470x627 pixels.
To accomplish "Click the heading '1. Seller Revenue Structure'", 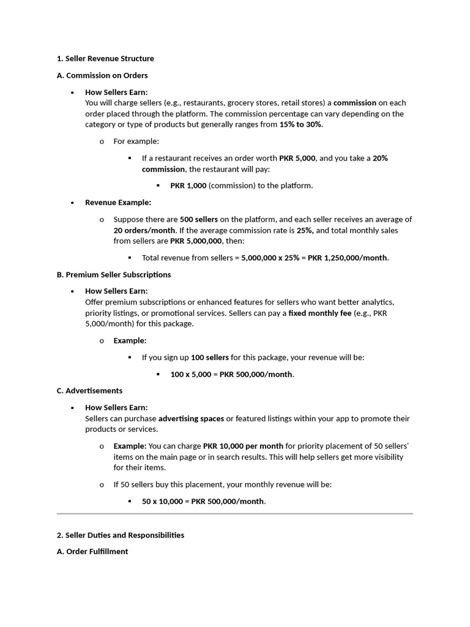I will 105,59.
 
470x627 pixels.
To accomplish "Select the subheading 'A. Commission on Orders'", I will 102,75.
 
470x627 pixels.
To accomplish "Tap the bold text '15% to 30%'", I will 300,124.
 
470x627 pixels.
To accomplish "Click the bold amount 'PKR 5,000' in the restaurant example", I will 297,158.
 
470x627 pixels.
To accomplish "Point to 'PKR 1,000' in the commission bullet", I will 188,186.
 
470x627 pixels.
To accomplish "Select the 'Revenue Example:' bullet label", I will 117,202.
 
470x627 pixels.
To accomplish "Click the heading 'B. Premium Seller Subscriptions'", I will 114,274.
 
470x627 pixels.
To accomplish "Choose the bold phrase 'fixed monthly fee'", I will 319,313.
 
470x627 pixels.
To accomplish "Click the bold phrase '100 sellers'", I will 210,357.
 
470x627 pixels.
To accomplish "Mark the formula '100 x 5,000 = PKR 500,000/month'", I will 232,374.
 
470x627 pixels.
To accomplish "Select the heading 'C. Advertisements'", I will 89,391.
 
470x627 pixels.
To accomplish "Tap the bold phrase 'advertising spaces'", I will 191,419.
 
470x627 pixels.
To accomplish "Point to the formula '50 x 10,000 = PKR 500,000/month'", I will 203,501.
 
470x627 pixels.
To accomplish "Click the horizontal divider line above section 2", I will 235,514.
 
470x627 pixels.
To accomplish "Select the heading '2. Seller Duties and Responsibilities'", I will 121,535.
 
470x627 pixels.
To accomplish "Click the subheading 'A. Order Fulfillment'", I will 92,552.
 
